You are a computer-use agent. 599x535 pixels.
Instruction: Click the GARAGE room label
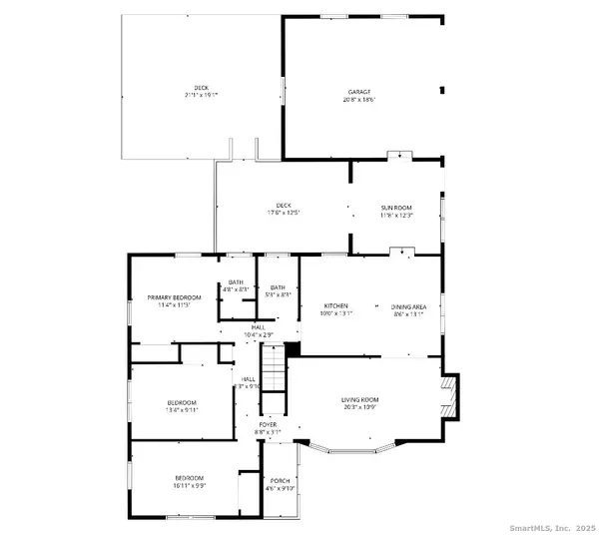click(x=360, y=90)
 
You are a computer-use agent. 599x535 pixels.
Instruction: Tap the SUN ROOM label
click(x=396, y=207)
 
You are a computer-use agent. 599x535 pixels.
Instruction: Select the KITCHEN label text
click(x=335, y=305)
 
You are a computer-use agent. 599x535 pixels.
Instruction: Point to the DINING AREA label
click(x=408, y=305)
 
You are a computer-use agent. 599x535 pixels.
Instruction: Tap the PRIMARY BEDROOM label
click(x=175, y=297)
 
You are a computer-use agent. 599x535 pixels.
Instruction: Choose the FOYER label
click(x=268, y=424)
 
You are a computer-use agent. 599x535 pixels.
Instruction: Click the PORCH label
click(x=280, y=481)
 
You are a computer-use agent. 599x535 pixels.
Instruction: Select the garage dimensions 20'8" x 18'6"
click(x=360, y=98)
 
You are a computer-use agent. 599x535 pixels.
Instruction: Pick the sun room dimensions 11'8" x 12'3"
click(x=396, y=215)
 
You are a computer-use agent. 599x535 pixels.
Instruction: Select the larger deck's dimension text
click(x=201, y=94)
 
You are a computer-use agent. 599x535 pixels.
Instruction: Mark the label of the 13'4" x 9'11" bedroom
click(x=189, y=402)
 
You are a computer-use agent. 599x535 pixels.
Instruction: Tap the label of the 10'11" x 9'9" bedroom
click(x=189, y=478)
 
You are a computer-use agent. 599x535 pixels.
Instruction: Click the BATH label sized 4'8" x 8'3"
click(x=236, y=281)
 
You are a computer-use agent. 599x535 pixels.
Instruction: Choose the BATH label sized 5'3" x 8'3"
click(x=277, y=287)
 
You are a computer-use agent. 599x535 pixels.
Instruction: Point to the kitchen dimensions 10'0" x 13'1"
click(x=335, y=313)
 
